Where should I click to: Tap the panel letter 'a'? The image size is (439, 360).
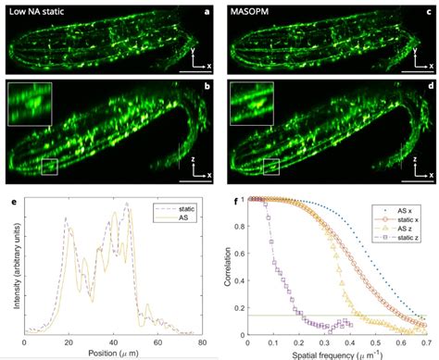pos(208,9)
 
